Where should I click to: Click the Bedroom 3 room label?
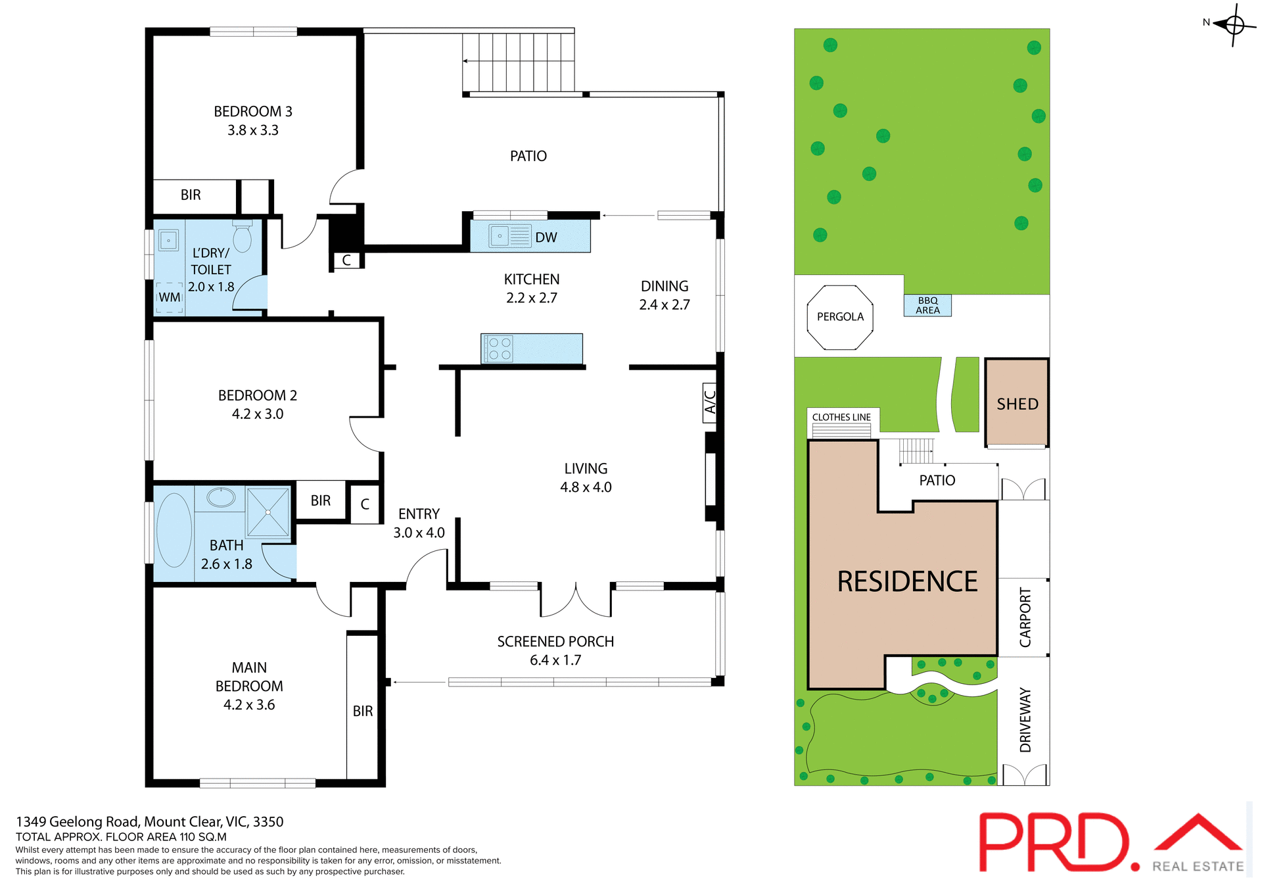[x=252, y=112]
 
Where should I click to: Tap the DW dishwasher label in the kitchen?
[x=546, y=237]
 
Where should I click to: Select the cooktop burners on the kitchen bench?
[x=500, y=349]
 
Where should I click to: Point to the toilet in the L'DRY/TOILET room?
[x=243, y=237]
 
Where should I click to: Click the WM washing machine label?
[x=170, y=297]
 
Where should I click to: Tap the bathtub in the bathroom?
[x=174, y=530]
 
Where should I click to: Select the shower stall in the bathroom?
[x=268, y=512]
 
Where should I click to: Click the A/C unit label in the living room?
[x=710, y=402]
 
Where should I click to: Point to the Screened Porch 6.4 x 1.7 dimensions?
[x=555, y=660]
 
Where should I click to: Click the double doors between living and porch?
[x=576, y=600]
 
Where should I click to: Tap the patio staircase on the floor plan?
[x=519, y=62]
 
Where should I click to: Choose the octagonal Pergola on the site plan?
[x=840, y=317]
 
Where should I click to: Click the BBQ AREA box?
[x=927, y=305]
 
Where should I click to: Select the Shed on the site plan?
[x=1017, y=403]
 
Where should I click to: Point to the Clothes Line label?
[x=841, y=417]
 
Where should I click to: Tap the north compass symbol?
[x=1234, y=25]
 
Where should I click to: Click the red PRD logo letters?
[x=1055, y=842]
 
